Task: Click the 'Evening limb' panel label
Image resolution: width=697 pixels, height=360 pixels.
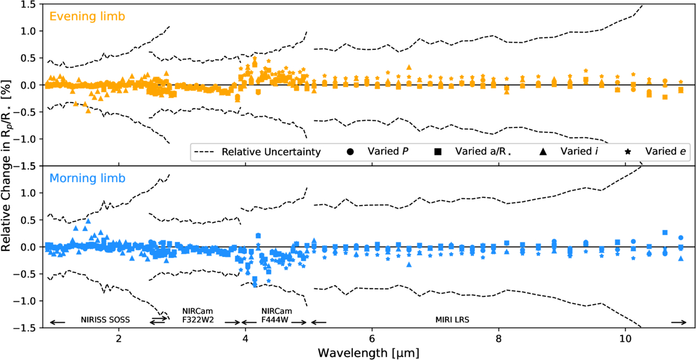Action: [x=87, y=17]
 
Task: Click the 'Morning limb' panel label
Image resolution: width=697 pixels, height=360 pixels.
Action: [x=88, y=179]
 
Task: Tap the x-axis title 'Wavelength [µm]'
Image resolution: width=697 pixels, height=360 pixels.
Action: [x=368, y=352]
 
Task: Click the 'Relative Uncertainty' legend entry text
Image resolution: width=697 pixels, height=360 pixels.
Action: [x=271, y=152]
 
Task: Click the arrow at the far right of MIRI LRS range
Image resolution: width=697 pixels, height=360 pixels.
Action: [x=679, y=322]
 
